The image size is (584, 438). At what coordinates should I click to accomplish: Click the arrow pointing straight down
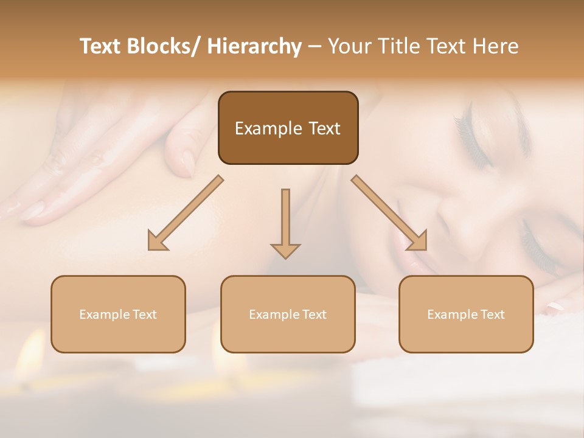coord(285,223)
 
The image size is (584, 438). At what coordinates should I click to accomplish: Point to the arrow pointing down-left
coord(186,213)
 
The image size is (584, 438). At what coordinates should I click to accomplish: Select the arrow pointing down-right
coord(389,213)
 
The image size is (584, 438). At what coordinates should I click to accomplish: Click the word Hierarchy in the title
coord(254,46)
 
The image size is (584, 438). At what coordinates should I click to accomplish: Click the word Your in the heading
coord(349,46)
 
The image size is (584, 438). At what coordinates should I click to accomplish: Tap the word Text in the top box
coord(324,129)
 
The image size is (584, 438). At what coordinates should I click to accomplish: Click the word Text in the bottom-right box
coord(493,315)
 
